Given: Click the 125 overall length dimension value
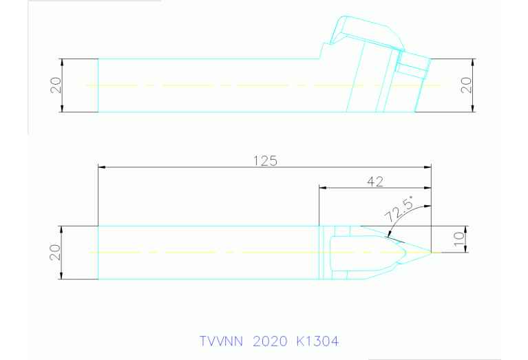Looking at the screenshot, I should [x=264, y=160].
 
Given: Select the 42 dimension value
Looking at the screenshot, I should [x=375, y=181].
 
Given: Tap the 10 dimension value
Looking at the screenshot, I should [x=458, y=239].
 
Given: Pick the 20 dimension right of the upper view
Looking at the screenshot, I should [x=466, y=85].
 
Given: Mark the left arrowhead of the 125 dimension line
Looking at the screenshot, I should [x=103, y=167].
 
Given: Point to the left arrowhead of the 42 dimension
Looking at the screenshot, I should [x=323, y=187].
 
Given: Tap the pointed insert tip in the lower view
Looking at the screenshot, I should [x=430, y=253].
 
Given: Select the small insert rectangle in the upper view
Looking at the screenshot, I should [x=413, y=67].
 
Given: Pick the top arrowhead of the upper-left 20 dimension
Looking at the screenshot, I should [x=62, y=62].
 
